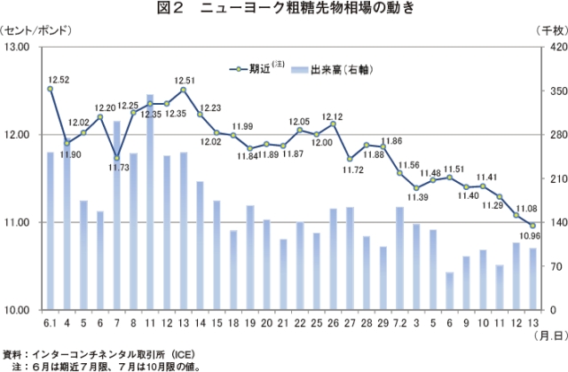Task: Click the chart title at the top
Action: [284, 10]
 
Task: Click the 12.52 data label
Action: [59, 79]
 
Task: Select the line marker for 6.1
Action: [51, 89]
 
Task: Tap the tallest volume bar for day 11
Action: [150, 202]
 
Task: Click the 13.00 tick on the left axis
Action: [19, 46]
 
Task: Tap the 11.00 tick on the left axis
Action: [19, 222]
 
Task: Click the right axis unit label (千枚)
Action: [550, 29]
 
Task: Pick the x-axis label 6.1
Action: [51, 322]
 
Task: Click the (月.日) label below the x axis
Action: [546, 338]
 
